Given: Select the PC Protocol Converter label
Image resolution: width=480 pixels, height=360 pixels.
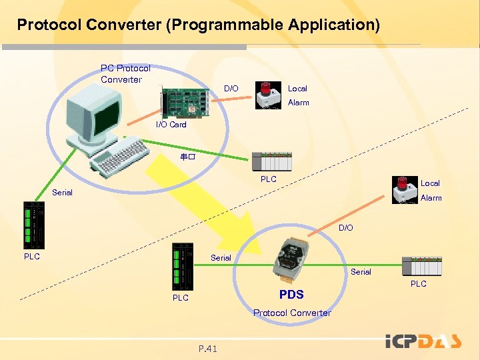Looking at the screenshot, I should click(125, 73).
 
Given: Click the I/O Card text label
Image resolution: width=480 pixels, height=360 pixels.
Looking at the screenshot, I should click(171, 125).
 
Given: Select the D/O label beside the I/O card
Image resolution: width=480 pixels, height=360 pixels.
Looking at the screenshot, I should click(231, 89).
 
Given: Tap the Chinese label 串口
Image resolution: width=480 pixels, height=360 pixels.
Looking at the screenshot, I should click(186, 158).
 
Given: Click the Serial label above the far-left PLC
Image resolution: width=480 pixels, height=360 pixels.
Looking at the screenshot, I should click(62, 193).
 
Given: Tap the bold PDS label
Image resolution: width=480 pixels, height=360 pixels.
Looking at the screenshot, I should click(291, 295).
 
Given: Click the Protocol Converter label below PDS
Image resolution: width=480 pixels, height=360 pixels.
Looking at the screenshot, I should click(292, 313).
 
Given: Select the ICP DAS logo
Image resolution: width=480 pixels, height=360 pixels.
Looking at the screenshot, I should click(423, 341).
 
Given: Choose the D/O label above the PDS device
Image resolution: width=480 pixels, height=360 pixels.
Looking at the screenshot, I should click(345, 228).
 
